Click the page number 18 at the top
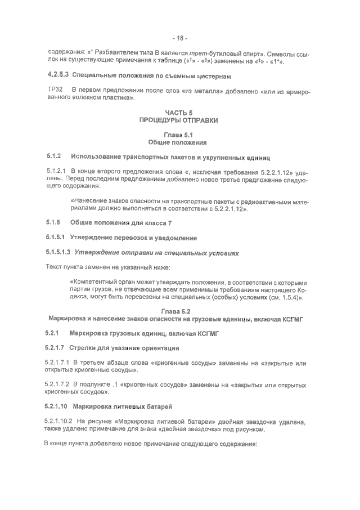pyautogui.click(x=180, y=38)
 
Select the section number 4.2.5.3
pyautogui.click(x=57, y=75)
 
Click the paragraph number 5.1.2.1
pyautogui.click(x=57, y=170)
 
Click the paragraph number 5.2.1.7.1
pyautogui.click(x=59, y=364)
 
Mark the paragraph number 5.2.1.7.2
pyautogui.click(x=59, y=385)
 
